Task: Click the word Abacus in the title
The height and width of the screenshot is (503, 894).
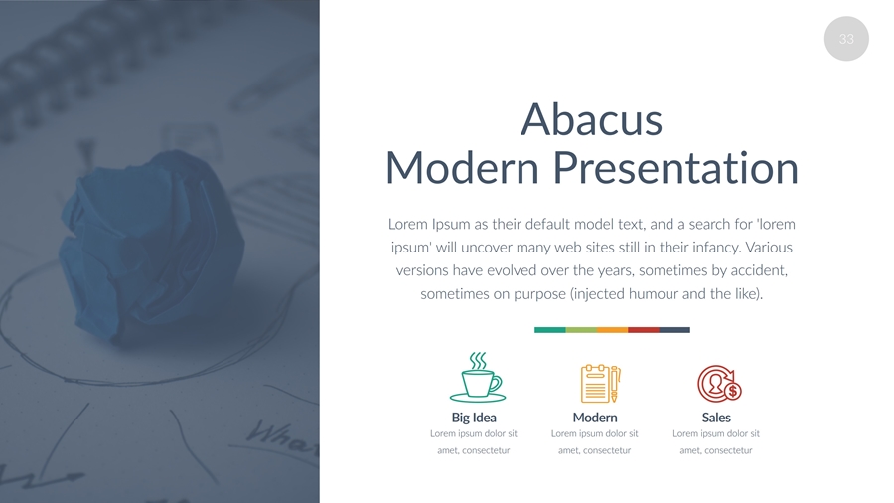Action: tap(591, 119)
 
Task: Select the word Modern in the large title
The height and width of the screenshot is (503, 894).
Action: tap(462, 168)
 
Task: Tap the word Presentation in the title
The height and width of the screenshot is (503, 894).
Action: tap(675, 168)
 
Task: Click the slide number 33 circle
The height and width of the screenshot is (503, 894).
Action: tap(846, 39)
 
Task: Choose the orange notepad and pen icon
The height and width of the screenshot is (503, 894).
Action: tap(600, 384)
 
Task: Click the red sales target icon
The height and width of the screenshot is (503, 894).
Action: tap(719, 384)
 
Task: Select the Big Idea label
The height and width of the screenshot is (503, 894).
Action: tap(474, 418)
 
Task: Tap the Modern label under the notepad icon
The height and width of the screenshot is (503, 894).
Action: tap(595, 418)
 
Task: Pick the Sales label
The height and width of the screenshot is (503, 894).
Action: tap(716, 418)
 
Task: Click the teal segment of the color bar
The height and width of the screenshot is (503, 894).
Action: tap(549, 330)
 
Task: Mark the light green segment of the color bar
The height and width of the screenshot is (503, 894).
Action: tap(581, 330)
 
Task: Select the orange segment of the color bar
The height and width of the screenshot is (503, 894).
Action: tap(612, 330)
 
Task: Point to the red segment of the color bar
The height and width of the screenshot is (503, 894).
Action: tap(643, 330)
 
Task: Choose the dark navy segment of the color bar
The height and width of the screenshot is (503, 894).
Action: tap(674, 330)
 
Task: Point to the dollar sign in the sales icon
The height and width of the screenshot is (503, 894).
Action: tap(733, 392)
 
